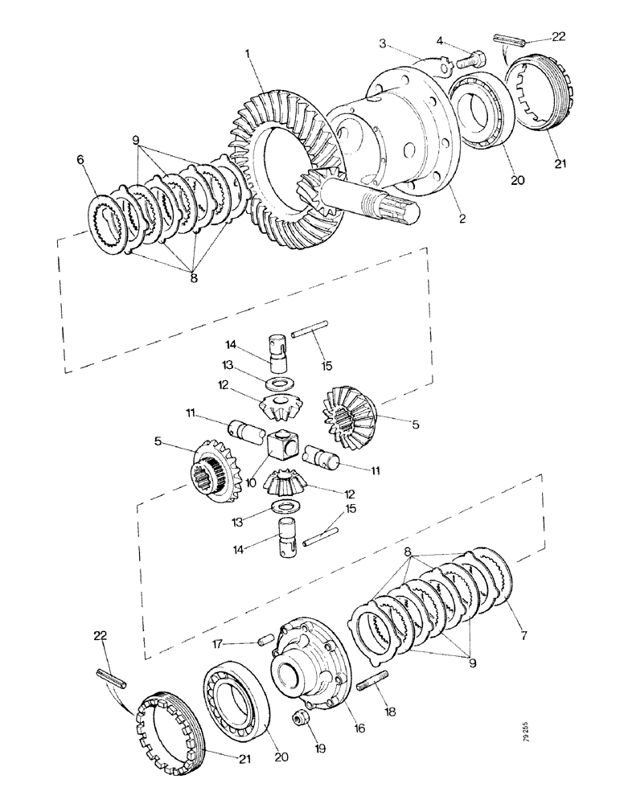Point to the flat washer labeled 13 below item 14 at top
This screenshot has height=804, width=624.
(x=278, y=380)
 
